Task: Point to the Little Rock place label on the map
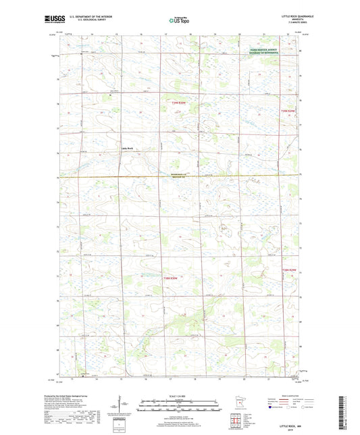pos(127,148)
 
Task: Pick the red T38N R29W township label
pos(289,270)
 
